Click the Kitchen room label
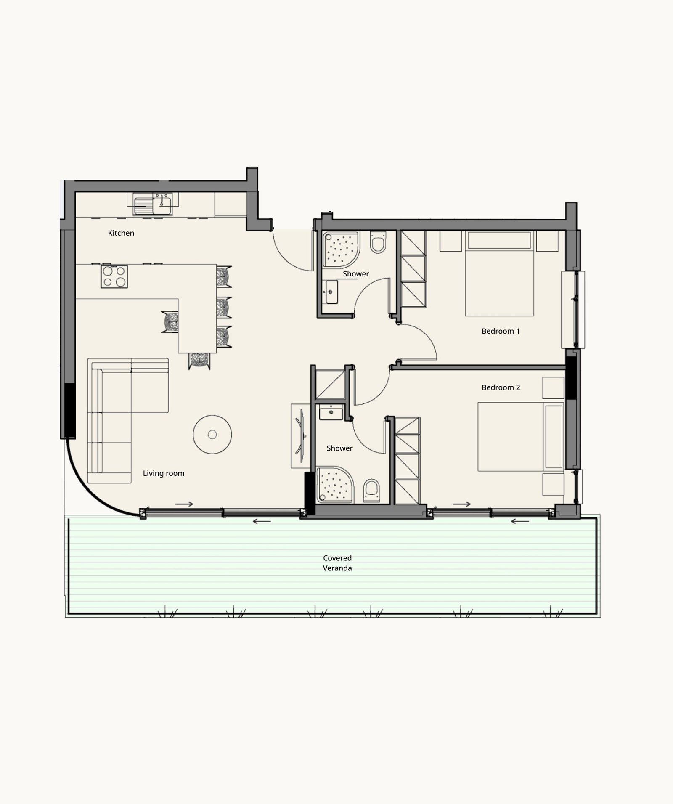click(121, 233)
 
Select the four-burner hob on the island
click(114, 276)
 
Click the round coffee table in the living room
click(212, 435)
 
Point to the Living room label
click(164, 473)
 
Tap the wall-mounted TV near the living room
click(300, 436)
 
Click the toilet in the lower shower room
click(371, 491)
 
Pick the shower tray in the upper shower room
click(341, 249)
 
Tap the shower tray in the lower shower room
click(335, 485)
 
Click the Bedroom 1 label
click(501, 331)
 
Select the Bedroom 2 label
click(501, 387)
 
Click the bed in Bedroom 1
click(499, 273)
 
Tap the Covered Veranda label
click(337, 563)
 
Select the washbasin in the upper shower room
click(331, 292)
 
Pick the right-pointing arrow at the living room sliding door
click(184, 504)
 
